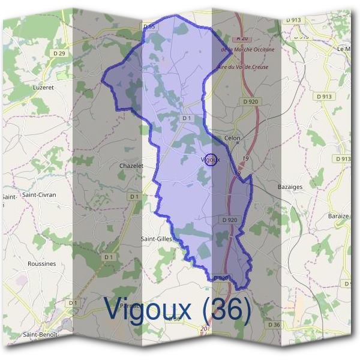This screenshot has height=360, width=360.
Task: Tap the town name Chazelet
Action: [x=131, y=166]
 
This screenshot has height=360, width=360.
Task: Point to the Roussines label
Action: [x=42, y=263]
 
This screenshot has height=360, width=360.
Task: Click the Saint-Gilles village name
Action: [x=157, y=239]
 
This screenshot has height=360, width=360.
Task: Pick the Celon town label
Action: [x=232, y=138]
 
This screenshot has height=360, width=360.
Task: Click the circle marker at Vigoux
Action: [x=210, y=160]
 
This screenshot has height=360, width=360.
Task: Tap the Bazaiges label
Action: [x=290, y=187]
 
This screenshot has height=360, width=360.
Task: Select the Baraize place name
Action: [x=338, y=215]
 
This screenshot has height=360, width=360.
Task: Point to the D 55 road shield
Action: [x=149, y=26]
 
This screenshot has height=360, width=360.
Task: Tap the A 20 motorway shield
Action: [x=242, y=38]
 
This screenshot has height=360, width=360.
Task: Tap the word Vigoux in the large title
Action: [x=148, y=309]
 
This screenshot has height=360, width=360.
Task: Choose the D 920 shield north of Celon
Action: [x=251, y=102]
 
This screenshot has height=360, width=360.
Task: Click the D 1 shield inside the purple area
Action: [x=186, y=119]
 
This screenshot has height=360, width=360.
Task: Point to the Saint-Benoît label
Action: [x=41, y=334]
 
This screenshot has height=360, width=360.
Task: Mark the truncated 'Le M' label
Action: [x=344, y=49]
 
